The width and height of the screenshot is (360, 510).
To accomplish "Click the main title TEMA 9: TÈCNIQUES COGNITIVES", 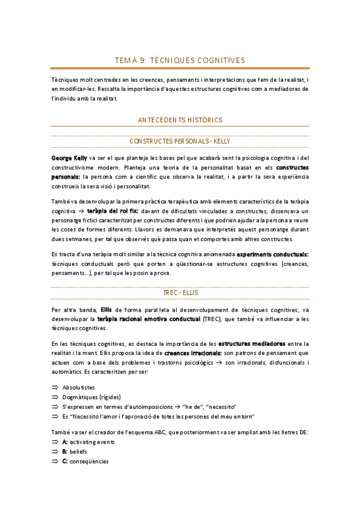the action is tap(180, 60).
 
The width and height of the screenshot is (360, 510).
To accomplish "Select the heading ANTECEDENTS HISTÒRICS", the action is tap(180, 120).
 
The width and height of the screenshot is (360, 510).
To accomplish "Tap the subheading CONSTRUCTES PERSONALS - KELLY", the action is tap(180, 141).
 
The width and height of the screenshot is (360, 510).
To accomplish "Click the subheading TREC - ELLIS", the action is tap(180, 293).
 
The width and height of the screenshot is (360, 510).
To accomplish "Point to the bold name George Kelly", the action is tap(70, 157).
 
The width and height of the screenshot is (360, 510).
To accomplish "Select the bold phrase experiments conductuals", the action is tap(273, 255).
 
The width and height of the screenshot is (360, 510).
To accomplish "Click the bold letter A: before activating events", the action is tap(64, 442).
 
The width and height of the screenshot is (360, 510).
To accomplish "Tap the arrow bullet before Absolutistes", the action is tap(55, 387).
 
